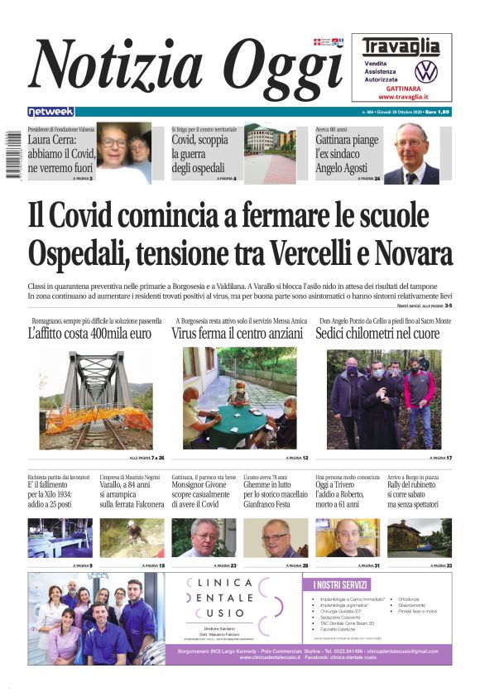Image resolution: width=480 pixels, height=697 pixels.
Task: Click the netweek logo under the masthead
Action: coord(50,112)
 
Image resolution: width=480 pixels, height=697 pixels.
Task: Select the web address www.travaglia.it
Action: coord(401,97)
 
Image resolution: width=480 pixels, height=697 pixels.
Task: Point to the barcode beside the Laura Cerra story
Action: coord(12,154)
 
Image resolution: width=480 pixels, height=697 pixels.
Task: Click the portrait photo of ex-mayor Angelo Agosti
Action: coord(411,154)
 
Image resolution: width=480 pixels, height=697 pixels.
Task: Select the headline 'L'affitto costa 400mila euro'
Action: coord(89,334)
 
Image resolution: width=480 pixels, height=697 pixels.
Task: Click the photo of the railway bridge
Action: coord(96,398)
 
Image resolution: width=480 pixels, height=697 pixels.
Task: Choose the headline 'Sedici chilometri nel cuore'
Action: coord(377,334)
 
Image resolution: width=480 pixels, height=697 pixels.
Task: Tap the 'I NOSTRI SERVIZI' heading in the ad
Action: coord(340,585)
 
